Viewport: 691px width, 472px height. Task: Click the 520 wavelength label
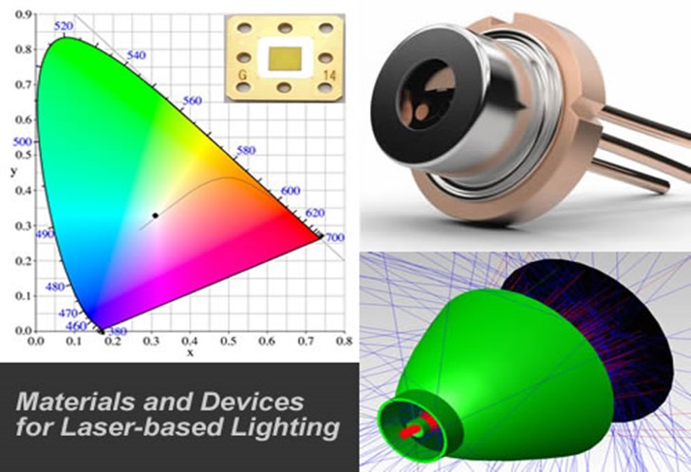click(x=65, y=27)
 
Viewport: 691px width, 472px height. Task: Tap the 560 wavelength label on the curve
click(x=192, y=100)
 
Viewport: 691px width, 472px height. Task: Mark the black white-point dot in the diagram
click(x=155, y=216)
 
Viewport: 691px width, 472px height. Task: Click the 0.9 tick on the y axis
click(x=20, y=15)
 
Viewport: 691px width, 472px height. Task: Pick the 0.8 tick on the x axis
click(x=344, y=339)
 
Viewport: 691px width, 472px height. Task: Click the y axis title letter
click(x=12, y=171)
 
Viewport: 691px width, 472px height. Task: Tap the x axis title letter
click(x=190, y=351)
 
